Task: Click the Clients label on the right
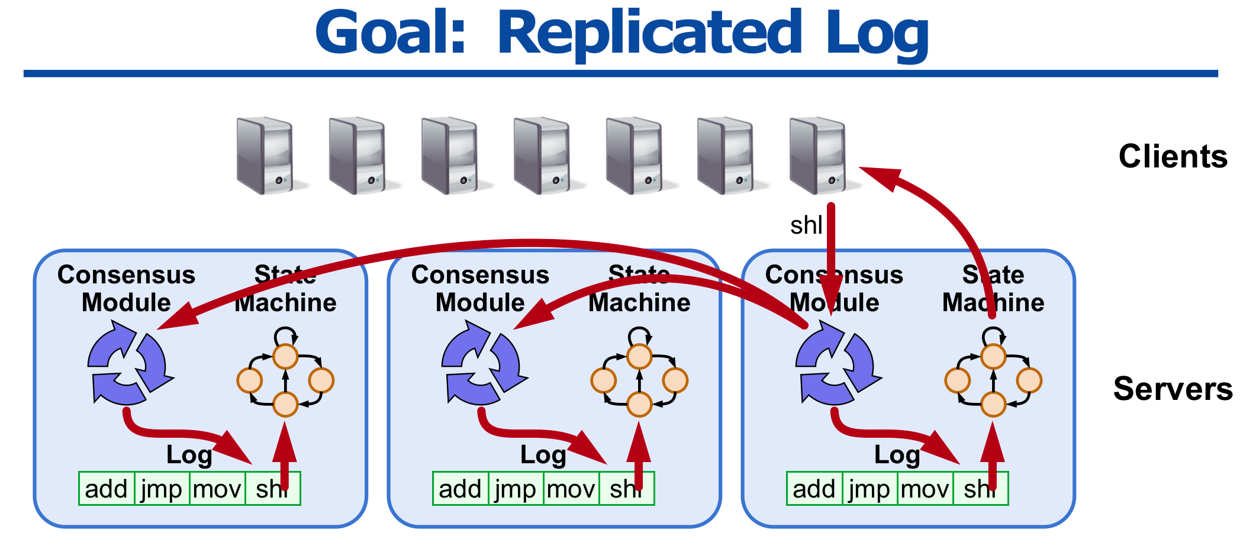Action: pyautogui.click(x=1173, y=157)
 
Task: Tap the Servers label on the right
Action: pyautogui.click(x=1173, y=389)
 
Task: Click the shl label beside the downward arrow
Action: pyautogui.click(x=806, y=225)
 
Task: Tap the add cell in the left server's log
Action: pyautogui.click(x=107, y=489)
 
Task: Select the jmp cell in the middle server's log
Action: pyautogui.click(x=515, y=489)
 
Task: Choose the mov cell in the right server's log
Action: pyautogui.click(x=925, y=489)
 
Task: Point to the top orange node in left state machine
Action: pyautogui.click(x=285, y=356)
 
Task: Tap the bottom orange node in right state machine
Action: pyautogui.click(x=993, y=405)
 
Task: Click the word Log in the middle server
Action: pyautogui.click(x=543, y=455)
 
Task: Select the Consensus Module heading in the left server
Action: pyautogui.click(x=126, y=289)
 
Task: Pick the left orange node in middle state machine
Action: pyautogui.click(x=603, y=380)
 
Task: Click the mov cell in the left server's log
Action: pyautogui.click(x=217, y=489)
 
